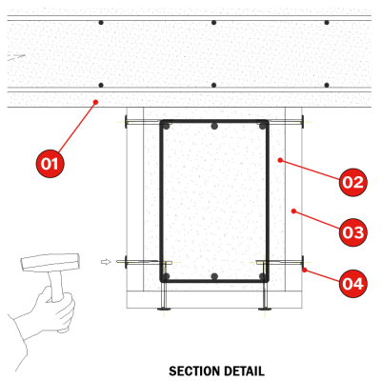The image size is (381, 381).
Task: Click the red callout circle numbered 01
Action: click(x=50, y=164)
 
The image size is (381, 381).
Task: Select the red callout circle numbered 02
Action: click(x=352, y=182)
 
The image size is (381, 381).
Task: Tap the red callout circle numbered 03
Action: click(x=352, y=232)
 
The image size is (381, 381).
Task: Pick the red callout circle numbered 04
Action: click(x=352, y=283)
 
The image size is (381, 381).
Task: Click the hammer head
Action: click(x=50, y=262)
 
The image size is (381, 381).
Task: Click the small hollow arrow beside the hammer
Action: click(x=106, y=262)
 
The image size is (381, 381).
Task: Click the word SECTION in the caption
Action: click(x=191, y=371)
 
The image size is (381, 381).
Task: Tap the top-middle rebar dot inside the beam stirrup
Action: click(x=214, y=127)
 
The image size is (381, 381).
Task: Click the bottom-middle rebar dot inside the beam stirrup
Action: click(x=214, y=276)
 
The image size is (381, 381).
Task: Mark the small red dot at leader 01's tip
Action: click(x=95, y=102)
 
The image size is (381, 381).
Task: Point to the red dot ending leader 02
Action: click(x=280, y=160)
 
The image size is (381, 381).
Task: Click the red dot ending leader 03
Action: click(x=293, y=211)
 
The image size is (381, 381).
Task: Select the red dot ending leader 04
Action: click(x=305, y=270)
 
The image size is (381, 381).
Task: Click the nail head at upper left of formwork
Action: click(x=126, y=122)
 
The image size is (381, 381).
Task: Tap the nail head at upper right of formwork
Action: click(x=303, y=122)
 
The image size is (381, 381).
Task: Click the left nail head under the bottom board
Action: click(x=164, y=309)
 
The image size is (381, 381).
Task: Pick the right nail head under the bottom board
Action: click(x=265, y=309)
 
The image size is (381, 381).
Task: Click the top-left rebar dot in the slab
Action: click(x=101, y=23)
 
